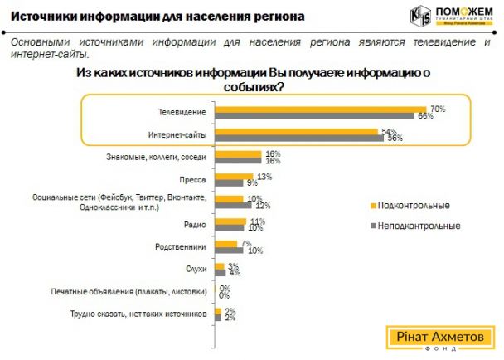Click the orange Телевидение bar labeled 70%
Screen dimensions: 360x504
(320, 109)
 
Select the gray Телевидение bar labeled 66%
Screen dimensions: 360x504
(315, 115)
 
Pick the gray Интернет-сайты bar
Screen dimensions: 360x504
(298, 139)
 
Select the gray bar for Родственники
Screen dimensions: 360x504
(229, 250)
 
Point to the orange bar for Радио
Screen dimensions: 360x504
(231, 221)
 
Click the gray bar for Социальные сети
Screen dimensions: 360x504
(233, 205)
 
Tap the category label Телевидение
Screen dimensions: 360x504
(182, 111)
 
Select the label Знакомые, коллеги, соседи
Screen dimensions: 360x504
(157, 156)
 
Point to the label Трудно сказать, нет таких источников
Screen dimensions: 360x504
(136, 314)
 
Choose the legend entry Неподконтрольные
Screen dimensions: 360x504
(419, 225)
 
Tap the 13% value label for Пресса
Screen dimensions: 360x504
(265, 177)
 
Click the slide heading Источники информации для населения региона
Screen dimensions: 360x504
(157, 16)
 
